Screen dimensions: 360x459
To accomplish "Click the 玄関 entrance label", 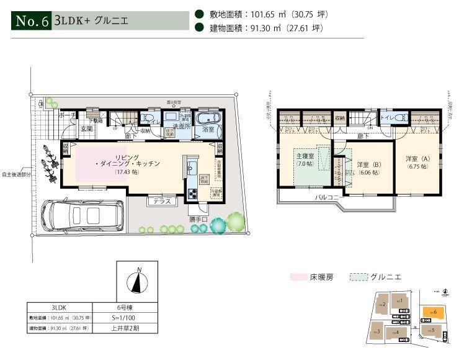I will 86,128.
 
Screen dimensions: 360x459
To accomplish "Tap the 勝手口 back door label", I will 199,218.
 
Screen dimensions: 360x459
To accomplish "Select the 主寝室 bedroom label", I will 305,155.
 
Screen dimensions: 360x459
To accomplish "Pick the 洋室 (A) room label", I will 417,162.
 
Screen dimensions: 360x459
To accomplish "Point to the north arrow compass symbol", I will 138,282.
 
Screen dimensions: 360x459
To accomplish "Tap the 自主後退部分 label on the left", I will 15,174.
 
